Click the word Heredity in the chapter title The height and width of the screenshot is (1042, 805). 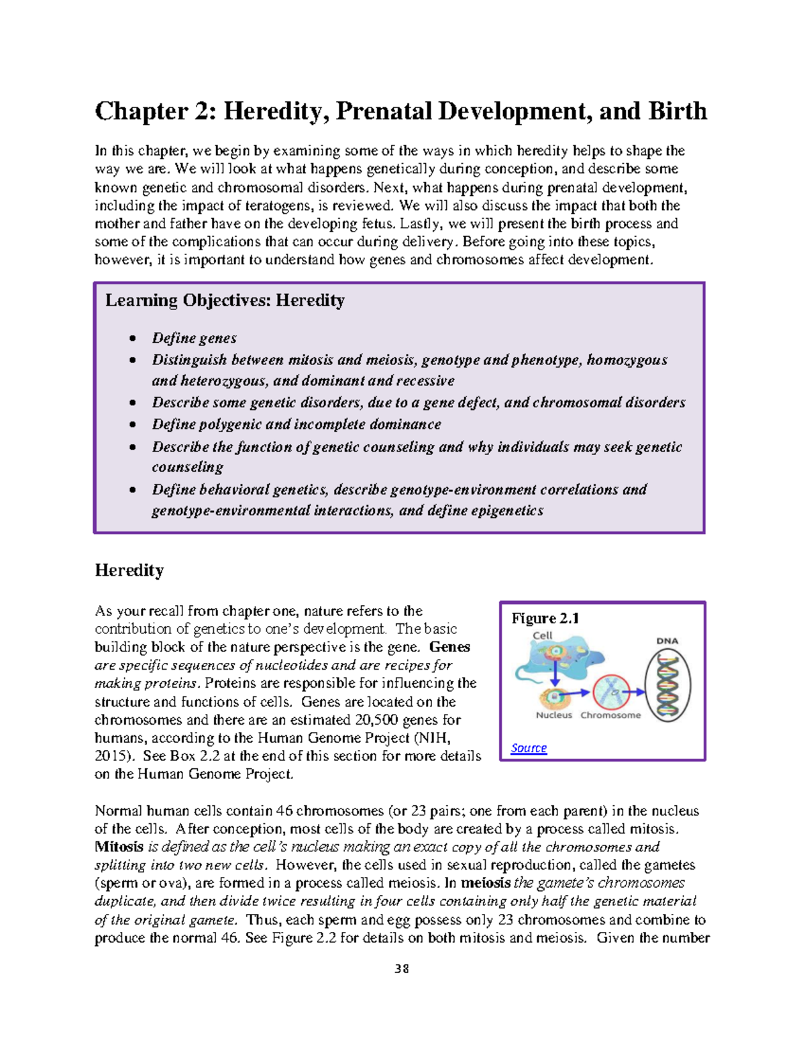click(276, 111)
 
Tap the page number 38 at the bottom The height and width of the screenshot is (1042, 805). click(402, 968)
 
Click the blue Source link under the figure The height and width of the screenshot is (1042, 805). click(529, 747)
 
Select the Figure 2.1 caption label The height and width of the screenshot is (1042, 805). click(545, 618)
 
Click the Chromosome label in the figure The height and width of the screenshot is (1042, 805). click(610, 715)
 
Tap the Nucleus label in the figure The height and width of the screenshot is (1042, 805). click(554, 715)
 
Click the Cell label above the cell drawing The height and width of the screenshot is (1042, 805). click(542, 635)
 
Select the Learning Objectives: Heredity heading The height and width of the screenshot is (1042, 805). click(225, 301)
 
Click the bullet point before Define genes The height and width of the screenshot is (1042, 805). click(133, 339)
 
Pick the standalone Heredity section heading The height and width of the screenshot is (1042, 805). click(129, 570)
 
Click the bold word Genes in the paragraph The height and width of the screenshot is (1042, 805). click(449, 647)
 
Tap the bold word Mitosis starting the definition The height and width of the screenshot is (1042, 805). click(119, 847)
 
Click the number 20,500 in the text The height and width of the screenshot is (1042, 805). click(390, 720)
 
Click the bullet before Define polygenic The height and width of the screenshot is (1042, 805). click(133, 425)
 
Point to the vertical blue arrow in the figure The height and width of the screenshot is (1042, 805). click(555, 672)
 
